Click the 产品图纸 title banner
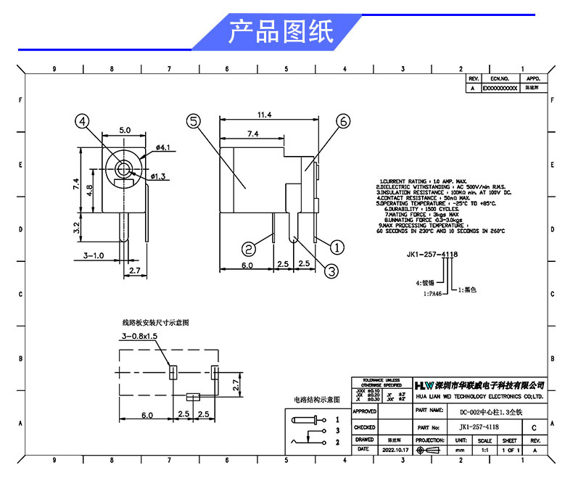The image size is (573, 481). pos(281,33)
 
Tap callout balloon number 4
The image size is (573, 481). pos(85,122)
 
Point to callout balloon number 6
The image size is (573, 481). pos(344,121)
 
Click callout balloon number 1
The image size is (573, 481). pos(338,245)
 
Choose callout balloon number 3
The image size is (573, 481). pos(330,271)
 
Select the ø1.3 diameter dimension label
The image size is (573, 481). pos(160,176)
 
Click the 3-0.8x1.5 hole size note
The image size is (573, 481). pos(140,337)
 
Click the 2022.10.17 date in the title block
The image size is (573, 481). pos(396,450)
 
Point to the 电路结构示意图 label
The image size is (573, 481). pos(316,399)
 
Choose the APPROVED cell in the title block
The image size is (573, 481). pos(364,411)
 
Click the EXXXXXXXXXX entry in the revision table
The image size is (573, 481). pos(500,87)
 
